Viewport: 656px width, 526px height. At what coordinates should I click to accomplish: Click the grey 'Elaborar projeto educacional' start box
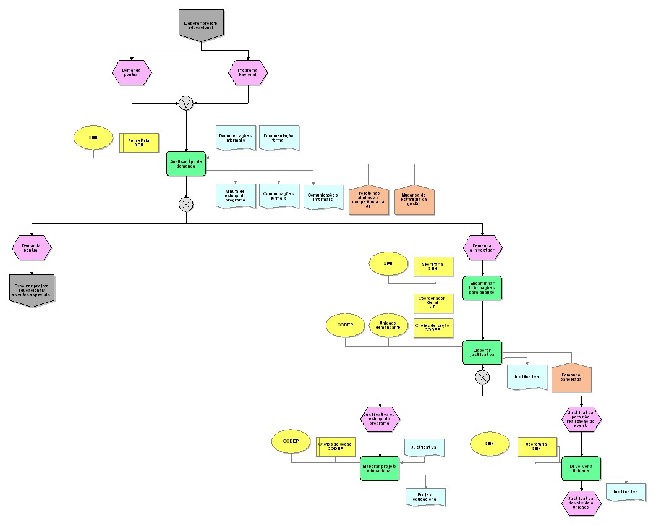[200, 25]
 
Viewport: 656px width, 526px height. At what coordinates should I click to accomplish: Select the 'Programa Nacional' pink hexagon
[248, 72]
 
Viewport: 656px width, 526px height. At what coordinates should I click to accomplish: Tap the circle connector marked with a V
[186, 103]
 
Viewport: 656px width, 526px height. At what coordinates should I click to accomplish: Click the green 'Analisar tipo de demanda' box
[186, 163]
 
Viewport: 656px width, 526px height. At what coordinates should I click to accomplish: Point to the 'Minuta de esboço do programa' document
[235, 195]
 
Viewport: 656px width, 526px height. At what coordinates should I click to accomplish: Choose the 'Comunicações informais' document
[323, 197]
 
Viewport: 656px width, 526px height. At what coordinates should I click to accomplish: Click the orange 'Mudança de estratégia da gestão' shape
[414, 200]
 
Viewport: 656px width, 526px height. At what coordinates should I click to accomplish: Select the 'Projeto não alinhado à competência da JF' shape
[368, 200]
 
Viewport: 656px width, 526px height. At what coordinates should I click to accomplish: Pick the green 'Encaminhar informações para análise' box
[482, 287]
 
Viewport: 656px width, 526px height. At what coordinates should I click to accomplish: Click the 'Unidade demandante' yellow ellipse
[389, 326]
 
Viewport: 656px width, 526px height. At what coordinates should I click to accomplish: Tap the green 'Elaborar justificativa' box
[482, 352]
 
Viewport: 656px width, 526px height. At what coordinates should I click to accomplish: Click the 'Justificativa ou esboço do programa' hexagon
[380, 418]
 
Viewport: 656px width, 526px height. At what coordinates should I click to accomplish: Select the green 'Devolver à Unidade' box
[581, 469]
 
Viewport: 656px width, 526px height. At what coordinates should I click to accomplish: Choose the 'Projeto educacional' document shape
[425, 496]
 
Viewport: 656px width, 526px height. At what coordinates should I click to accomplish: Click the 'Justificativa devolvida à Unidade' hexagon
[581, 503]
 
